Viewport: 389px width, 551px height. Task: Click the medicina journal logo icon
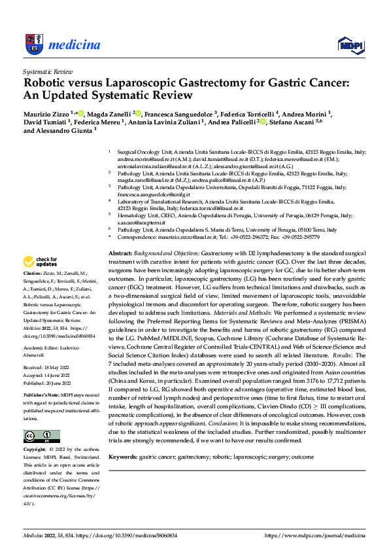pyautogui.click(x=33, y=44)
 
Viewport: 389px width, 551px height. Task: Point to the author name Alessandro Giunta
pyautogui.click(x=65, y=130)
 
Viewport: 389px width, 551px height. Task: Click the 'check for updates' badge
pyautogui.click(x=41, y=261)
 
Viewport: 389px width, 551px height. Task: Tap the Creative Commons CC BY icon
pyautogui.click(x=38, y=436)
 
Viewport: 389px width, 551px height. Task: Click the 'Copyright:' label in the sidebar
pyautogui.click(x=35, y=450)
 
